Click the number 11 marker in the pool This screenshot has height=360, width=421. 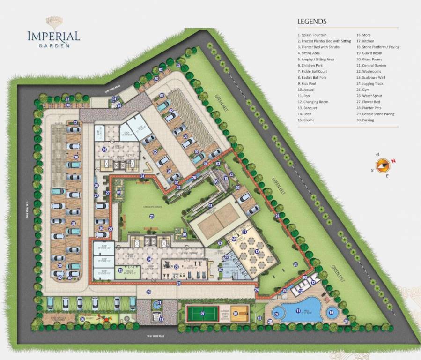(x=298, y=311)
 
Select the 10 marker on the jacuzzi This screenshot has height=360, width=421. (x=332, y=312)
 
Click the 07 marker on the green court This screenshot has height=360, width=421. (x=203, y=313)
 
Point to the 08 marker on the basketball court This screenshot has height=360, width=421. (x=236, y=314)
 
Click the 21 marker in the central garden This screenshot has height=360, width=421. (x=152, y=216)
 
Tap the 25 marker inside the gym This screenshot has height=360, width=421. (x=176, y=267)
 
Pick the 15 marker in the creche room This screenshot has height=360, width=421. (x=120, y=270)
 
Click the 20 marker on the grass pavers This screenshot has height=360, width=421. (x=295, y=264)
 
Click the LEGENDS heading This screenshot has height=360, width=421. (x=312, y=22)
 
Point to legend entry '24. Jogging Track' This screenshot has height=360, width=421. (x=369, y=83)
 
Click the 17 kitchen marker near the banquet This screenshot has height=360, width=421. (x=244, y=232)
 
